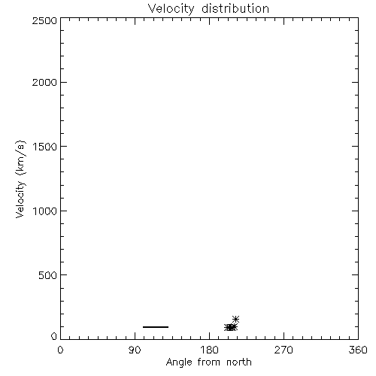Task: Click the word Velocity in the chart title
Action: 171,9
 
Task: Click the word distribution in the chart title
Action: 235,8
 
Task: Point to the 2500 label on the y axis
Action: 44,20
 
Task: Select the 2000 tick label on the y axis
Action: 44,82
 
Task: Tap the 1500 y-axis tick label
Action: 45,147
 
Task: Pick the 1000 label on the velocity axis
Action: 45,211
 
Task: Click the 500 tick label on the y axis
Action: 48,275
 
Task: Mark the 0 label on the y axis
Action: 54,336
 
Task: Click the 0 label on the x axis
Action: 60,350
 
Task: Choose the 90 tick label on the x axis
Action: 135,350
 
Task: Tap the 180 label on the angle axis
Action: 209,350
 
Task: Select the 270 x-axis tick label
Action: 284,350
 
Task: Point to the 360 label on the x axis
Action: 358,350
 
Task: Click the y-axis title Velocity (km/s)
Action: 20,179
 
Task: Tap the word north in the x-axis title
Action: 239,362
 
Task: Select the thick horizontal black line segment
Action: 156,327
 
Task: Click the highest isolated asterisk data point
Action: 235,320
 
